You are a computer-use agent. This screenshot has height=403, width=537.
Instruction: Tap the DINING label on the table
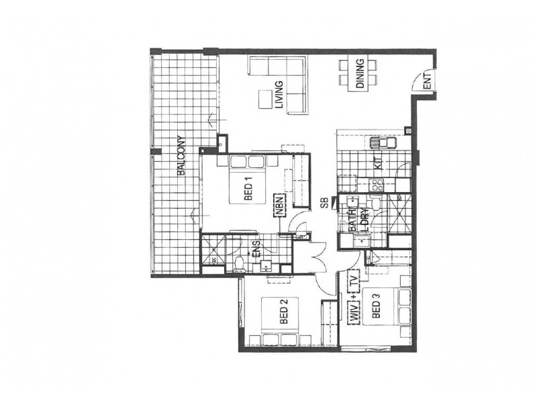pos(360,73)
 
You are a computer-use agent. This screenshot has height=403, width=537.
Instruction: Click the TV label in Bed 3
pos(354,279)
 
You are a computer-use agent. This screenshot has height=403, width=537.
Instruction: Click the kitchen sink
pos(381,142)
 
